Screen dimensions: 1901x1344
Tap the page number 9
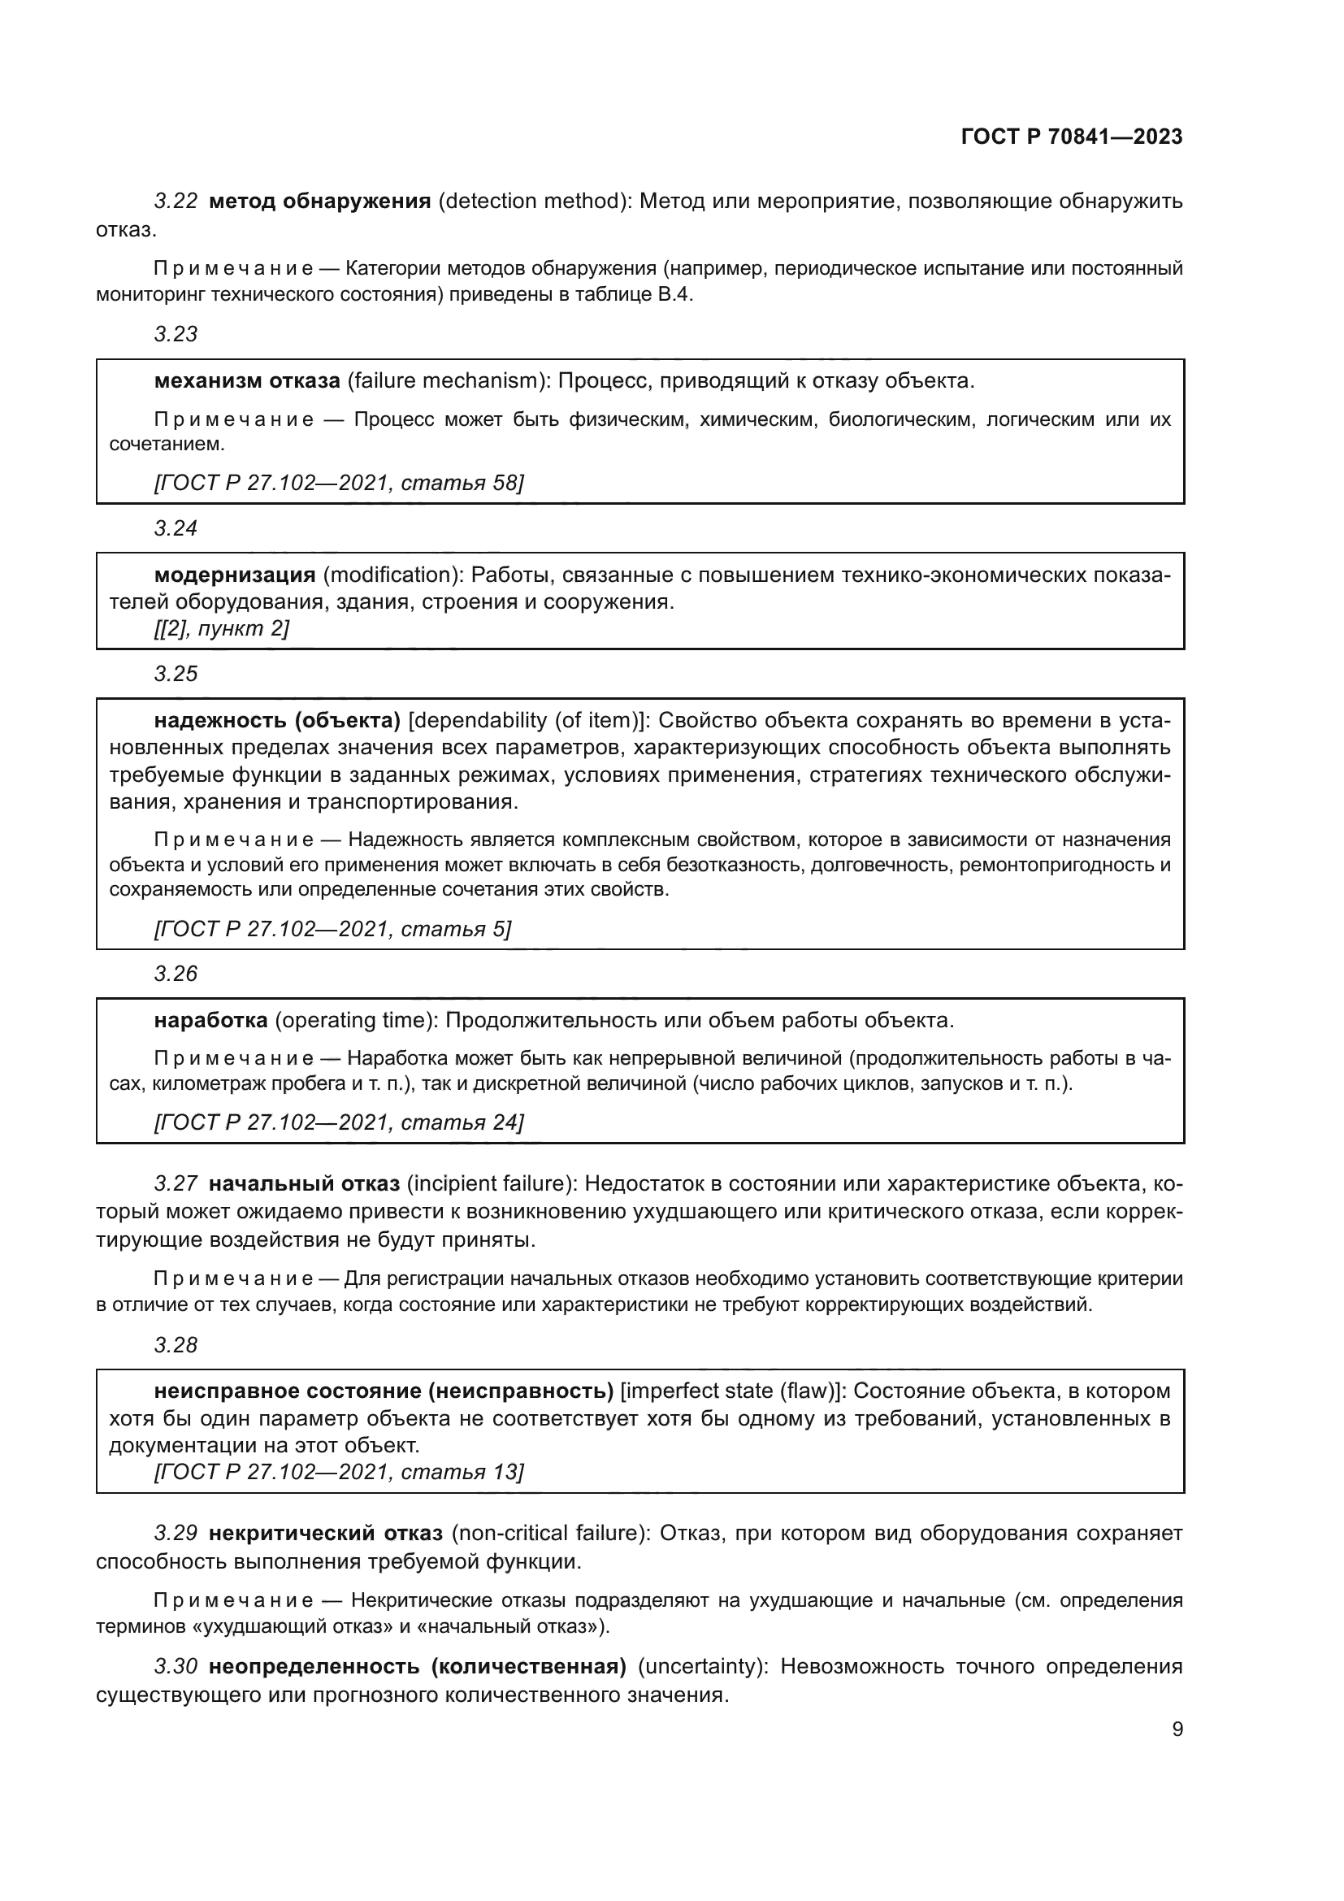[x=1177, y=1729]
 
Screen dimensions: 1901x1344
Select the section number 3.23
[x=176, y=334]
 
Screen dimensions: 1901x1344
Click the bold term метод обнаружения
[x=319, y=202]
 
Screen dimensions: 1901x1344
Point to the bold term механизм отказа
[x=247, y=381]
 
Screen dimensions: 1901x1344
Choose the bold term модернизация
[x=234, y=575]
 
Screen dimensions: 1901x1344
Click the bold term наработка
[x=210, y=1020]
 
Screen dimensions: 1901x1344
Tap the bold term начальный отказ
[x=304, y=1184]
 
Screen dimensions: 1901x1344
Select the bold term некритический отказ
[x=325, y=1534]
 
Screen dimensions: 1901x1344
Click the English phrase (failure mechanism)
[x=443, y=381]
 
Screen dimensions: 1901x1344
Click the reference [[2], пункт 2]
[x=221, y=628]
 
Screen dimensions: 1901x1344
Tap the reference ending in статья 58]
[x=339, y=483]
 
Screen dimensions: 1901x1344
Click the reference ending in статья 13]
[x=339, y=1472]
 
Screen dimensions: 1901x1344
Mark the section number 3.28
[x=176, y=1345]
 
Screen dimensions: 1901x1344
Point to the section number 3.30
[x=176, y=1666]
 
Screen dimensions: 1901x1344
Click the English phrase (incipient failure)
[x=491, y=1184]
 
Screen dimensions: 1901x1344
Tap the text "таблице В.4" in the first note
[x=637, y=295]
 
